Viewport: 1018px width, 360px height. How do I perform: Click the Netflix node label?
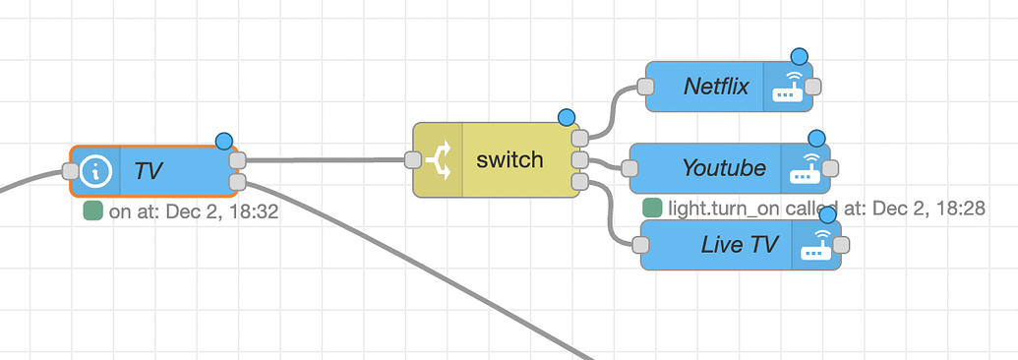click(x=716, y=87)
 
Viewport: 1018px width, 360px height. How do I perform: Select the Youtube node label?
click(x=724, y=168)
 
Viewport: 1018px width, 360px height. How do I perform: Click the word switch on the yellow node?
click(x=509, y=159)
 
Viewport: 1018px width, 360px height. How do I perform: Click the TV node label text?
click(x=149, y=171)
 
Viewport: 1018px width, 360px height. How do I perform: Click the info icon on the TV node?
click(x=95, y=171)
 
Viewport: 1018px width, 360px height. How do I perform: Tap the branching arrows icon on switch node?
click(x=438, y=160)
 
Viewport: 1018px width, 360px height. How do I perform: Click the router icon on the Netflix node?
click(x=787, y=87)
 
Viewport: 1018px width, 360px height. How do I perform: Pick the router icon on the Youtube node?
click(x=806, y=169)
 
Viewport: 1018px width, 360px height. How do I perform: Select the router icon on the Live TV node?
click(x=815, y=245)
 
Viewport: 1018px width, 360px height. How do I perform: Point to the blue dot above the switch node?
click(x=567, y=117)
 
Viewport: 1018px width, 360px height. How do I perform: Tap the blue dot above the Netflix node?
click(x=799, y=56)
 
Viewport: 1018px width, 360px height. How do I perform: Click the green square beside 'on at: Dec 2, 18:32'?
click(x=92, y=210)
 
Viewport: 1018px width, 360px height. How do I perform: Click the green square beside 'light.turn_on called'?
click(x=651, y=209)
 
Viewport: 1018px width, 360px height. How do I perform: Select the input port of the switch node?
click(x=412, y=159)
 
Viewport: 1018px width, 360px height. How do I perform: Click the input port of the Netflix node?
click(x=646, y=87)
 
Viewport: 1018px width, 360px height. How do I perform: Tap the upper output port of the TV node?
click(x=236, y=160)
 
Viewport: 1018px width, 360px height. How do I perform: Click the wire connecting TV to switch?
click(x=325, y=159)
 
